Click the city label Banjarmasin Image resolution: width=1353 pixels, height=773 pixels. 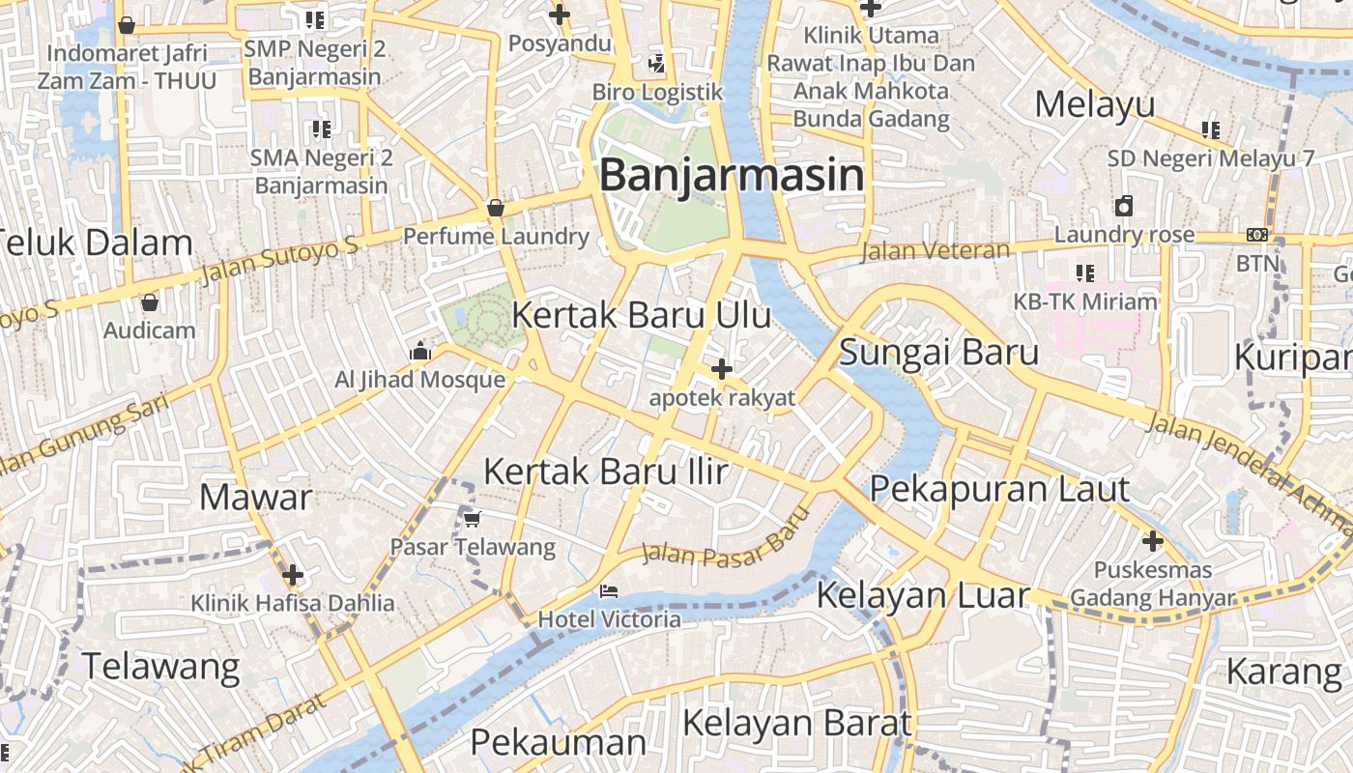tap(732, 176)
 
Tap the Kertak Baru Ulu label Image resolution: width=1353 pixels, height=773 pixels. tap(641, 315)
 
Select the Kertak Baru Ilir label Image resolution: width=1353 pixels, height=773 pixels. tap(605, 472)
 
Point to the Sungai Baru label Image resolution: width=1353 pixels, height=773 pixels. tap(938, 352)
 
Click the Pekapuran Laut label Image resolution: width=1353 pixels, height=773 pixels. tap(999, 489)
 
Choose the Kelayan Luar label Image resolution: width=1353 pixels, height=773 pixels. tap(923, 594)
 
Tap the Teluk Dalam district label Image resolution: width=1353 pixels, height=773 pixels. tap(97, 243)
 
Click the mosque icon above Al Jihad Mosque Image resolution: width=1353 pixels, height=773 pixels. tap(419, 352)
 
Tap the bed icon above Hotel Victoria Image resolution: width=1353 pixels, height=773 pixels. tap(608, 590)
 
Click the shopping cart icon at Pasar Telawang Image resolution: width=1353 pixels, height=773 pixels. tap(472, 519)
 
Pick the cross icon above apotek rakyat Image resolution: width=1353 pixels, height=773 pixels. tap(721, 368)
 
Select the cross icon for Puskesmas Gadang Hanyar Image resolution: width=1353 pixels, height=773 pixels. tap(1152, 541)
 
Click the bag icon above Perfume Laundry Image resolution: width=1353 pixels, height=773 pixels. tap(495, 208)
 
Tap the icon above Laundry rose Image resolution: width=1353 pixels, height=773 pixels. tap(1124, 206)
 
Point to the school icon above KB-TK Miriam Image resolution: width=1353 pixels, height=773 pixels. tap(1084, 273)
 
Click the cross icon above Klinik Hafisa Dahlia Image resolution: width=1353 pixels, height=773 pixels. tap(292, 575)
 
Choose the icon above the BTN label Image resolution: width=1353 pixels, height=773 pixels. tap(1256, 234)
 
